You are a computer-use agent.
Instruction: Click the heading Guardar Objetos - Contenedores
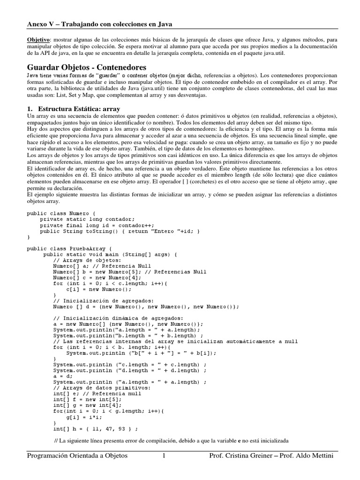click(x=87, y=67)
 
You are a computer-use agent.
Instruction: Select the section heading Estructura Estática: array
click(x=78, y=109)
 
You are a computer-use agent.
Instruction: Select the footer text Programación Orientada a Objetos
click(x=77, y=456)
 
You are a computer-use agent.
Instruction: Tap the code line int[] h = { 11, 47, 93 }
click(x=95, y=428)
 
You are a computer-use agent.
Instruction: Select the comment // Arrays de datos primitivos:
click(x=102, y=388)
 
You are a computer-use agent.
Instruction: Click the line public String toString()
click(x=120, y=231)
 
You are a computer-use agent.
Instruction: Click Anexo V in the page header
click(x=41, y=23)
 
